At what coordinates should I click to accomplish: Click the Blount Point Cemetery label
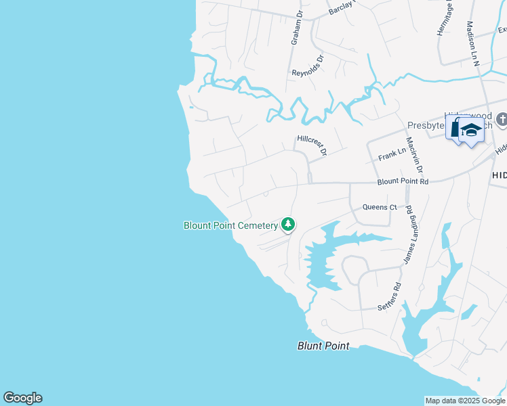[230, 225]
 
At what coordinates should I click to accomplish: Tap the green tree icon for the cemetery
[288, 224]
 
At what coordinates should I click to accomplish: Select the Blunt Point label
[323, 346]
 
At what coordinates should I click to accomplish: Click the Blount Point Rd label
[403, 181]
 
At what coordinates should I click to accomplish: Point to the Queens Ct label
[379, 207]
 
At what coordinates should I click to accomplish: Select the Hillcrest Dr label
[312, 144]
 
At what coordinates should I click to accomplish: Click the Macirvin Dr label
[414, 155]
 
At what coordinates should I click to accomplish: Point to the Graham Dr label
[297, 30]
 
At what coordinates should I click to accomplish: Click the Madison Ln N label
[473, 43]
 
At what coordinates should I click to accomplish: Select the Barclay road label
[342, 7]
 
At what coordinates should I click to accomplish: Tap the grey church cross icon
[502, 120]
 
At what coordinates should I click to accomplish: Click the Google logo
[22, 398]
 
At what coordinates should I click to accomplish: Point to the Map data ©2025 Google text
[465, 401]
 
